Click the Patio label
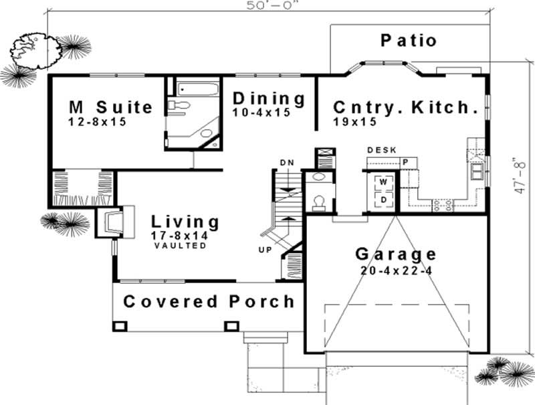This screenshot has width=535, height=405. click(409, 40)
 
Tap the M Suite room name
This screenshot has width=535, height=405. click(111, 107)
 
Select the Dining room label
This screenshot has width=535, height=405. click(269, 99)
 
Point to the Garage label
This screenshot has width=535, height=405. click(396, 254)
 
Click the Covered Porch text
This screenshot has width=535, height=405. click(209, 301)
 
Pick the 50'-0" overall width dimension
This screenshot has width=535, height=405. click(270, 5)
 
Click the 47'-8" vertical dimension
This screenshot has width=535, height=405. click(519, 175)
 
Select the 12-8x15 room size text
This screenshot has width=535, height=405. click(98, 122)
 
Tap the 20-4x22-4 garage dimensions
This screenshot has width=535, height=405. click(397, 271)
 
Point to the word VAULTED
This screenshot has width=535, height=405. click(181, 246)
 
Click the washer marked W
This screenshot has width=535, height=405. click(383, 182)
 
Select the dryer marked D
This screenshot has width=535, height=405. click(383, 199)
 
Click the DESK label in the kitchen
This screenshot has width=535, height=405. click(382, 150)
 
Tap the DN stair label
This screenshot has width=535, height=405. click(287, 163)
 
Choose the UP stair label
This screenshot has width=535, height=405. click(265, 250)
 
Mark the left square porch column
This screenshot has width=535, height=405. click(120, 326)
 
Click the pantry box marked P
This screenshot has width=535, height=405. click(406, 163)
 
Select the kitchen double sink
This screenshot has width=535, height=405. click(477, 171)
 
